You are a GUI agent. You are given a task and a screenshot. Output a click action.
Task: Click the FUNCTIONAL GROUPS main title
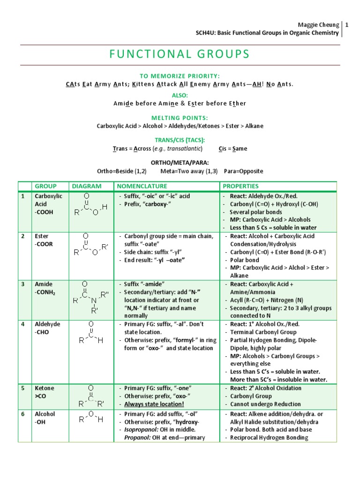tap(180, 54)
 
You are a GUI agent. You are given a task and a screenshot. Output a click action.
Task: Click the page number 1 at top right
tap(347, 24)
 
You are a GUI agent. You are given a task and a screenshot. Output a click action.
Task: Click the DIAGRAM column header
tap(86, 186)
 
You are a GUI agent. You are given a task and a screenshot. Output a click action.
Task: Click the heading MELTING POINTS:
tap(180, 118)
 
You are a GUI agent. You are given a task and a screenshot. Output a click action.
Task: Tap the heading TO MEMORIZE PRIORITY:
tap(180, 76)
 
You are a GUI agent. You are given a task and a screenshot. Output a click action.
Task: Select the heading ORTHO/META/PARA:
tap(180, 163)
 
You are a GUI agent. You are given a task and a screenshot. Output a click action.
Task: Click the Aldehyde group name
tap(45, 324)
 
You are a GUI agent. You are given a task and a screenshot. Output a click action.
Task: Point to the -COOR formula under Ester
tap(44, 244)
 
